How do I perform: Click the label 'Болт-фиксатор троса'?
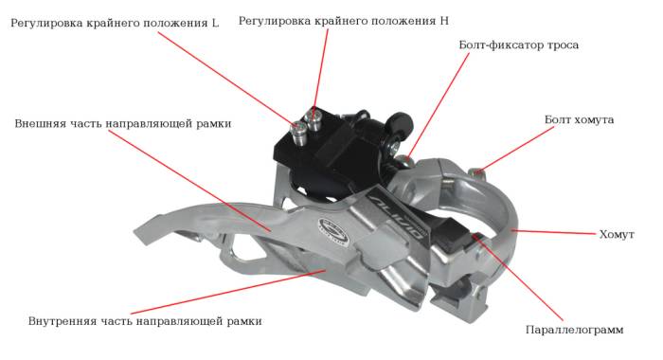pyautogui.click(x=518, y=45)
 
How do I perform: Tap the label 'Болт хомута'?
pyautogui.click(x=579, y=119)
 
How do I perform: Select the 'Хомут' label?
pyautogui.click(x=617, y=234)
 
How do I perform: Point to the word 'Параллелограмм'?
pyautogui.click(x=574, y=330)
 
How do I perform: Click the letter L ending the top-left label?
pyautogui.click(x=216, y=23)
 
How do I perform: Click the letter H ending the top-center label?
pyautogui.click(x=444, y=21)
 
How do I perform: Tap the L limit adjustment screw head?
pyautogui.click(x=298, y=126)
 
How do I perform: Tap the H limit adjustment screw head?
pyautogui.click(x=314, y=114)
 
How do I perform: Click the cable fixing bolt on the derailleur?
pyautogui.click(x=403, y=161)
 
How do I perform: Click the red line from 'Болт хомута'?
pyautogui.click(x=515, y=149)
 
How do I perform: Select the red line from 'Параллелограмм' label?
pyautogui.click(x=517, y=278)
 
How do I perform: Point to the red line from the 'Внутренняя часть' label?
pyautogui.click(x=227, y=292)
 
